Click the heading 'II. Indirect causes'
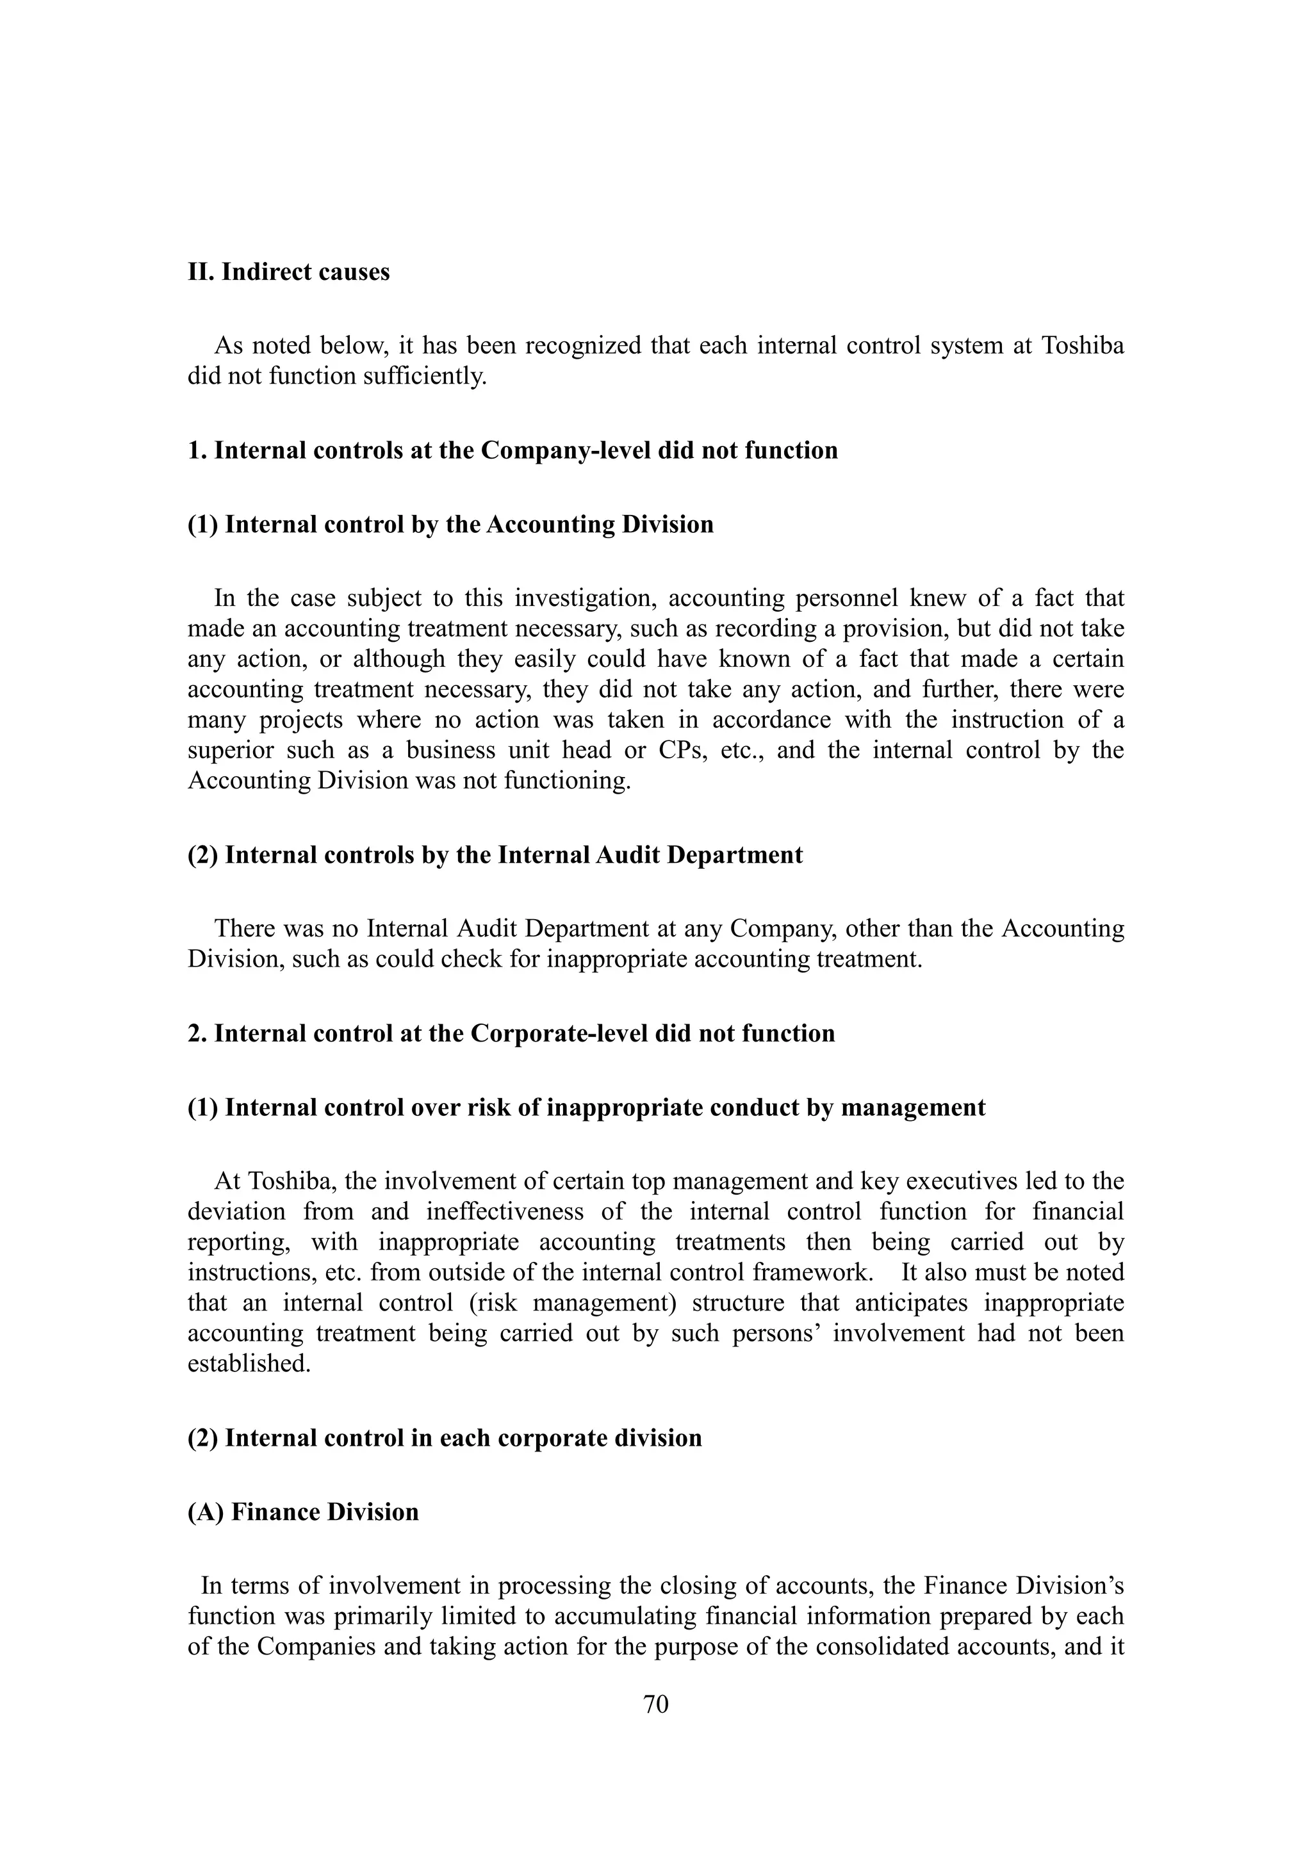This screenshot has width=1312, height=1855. pos(288,272)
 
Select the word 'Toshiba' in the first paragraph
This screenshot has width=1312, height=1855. pos(1083,346)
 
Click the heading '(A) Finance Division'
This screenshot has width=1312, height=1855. pos(303,1512)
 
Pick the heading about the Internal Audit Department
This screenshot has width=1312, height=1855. pos(495,854)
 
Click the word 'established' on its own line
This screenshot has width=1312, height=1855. pos(248,1364)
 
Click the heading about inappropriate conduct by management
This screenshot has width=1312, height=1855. pos(587,1107)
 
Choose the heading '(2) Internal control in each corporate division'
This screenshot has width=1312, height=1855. pos(445,1438)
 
